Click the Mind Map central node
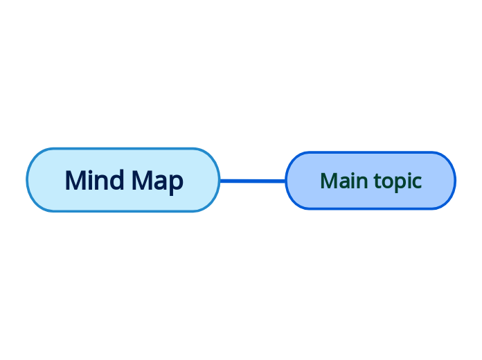tap(123, 180)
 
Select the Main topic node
tap(371, 181)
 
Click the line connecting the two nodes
tap(253, 181)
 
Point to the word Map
tap(157, 181)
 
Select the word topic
tap(398, 181)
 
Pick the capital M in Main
tap(328, 181)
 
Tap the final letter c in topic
tap(417, 182)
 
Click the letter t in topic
tap(377, 181)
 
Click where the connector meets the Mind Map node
tap(220, 181)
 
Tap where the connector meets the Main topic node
tap(285, 181)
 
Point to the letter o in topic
tap(387, 182)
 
